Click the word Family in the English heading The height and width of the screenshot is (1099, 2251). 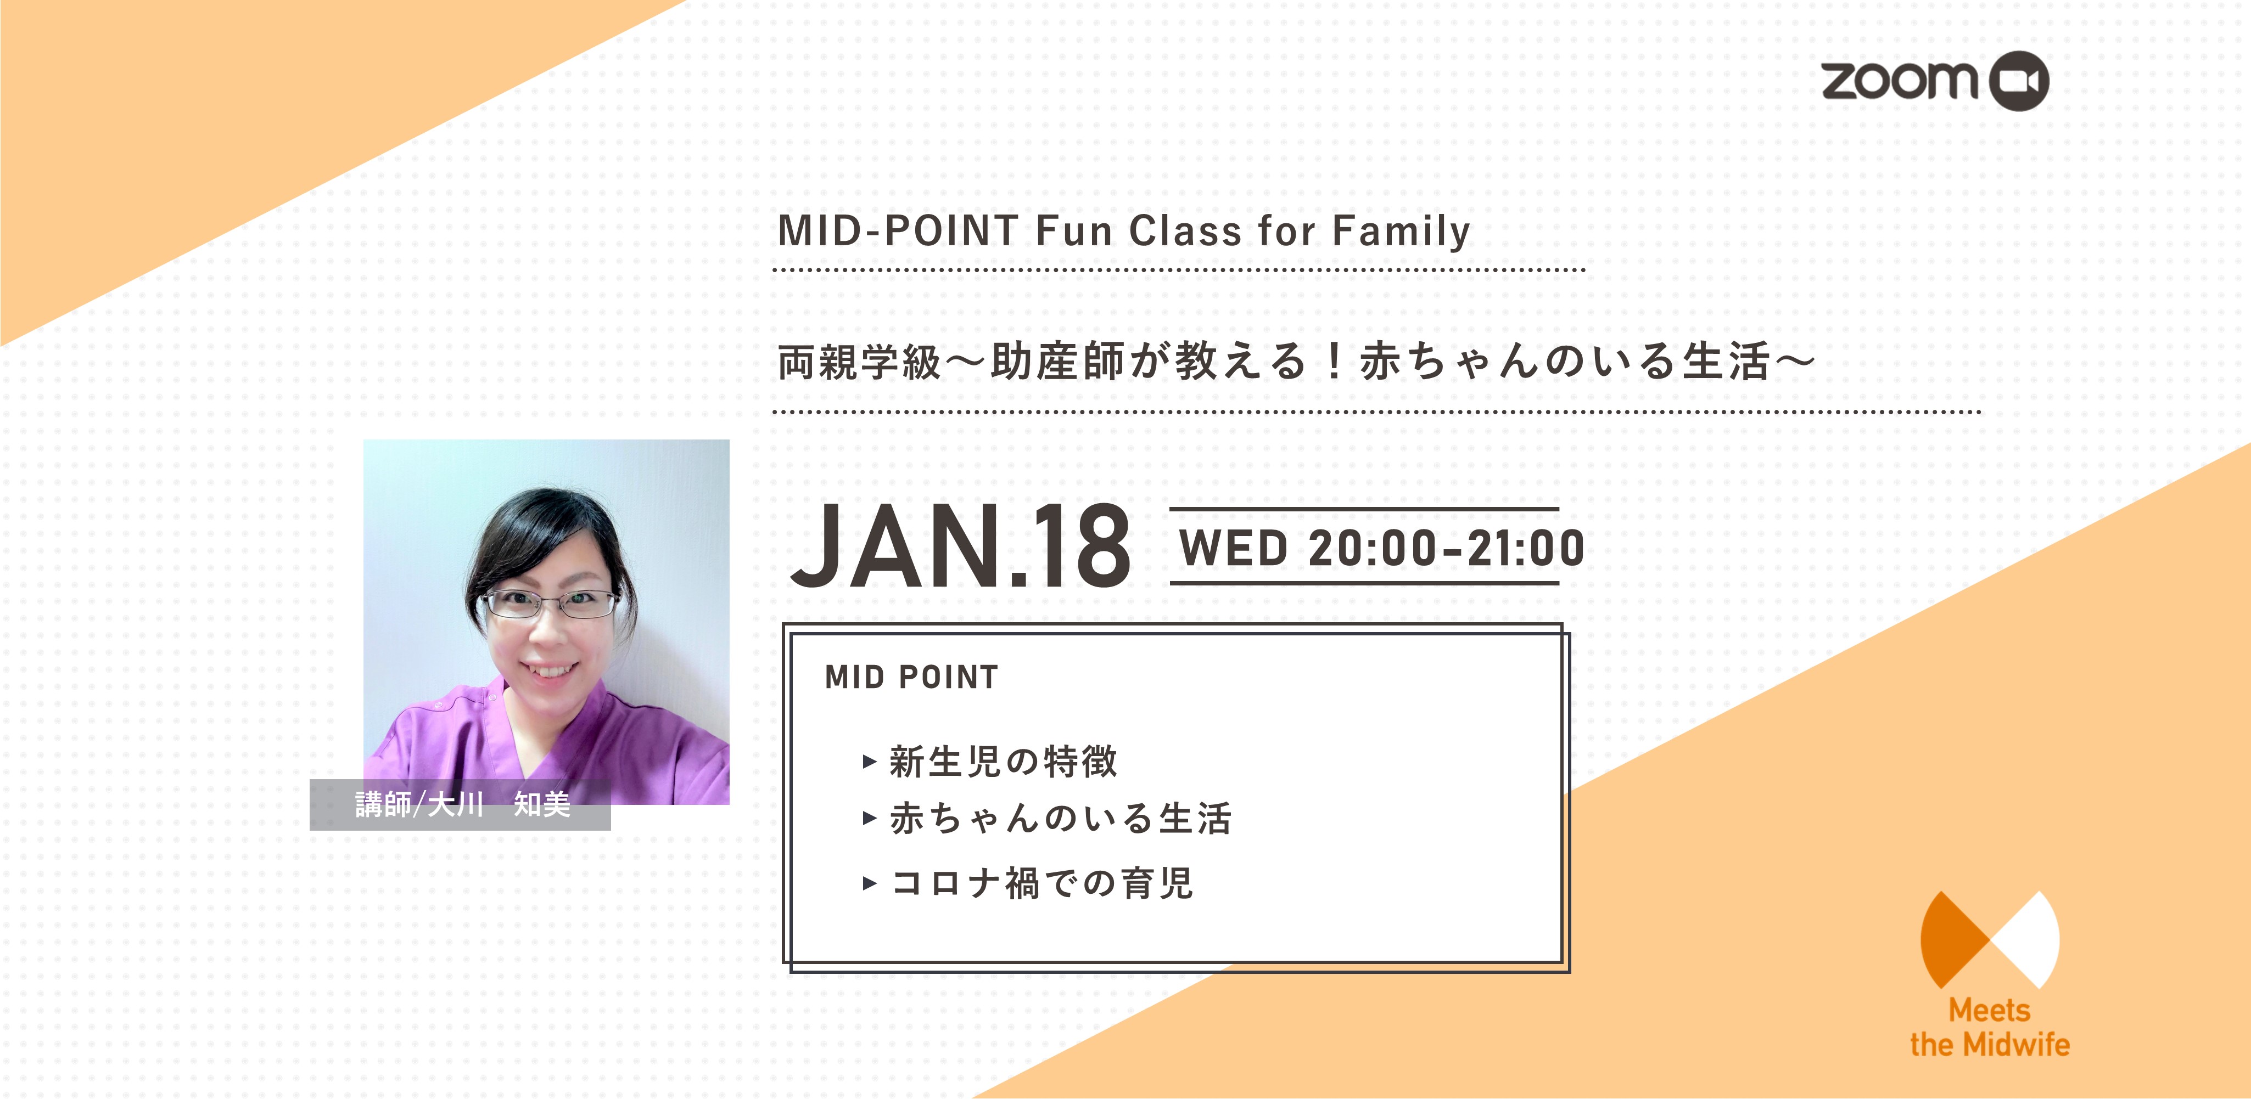tap(1401, 232)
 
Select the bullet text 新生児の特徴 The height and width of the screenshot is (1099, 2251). tap(1003, 761)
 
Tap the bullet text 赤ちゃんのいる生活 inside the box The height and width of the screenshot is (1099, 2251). tap(1061, 819)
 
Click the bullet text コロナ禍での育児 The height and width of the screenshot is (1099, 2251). tap(1041, 882)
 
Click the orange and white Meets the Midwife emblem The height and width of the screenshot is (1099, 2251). tap(1990, 940)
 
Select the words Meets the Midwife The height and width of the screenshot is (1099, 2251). tap(1990, 1027)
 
